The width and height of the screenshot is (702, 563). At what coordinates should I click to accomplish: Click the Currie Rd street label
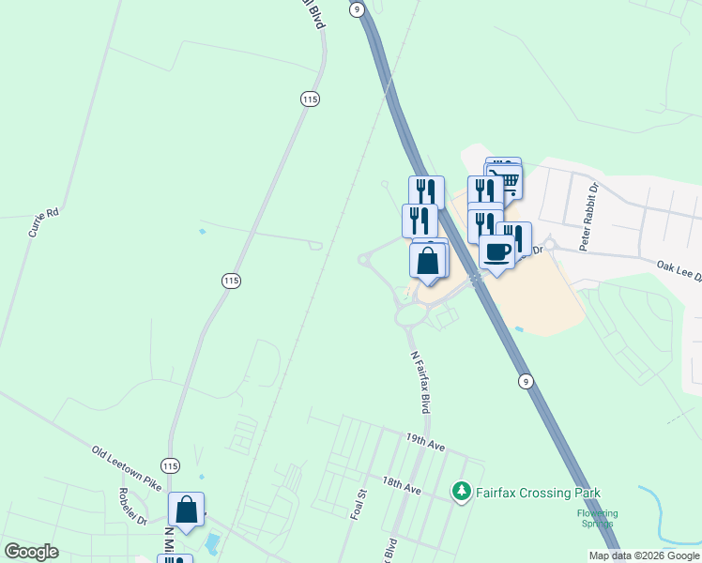click(43, 222)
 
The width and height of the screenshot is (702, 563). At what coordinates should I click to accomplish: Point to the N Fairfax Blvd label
click(420, 384)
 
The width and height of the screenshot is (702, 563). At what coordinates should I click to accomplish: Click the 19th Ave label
click(425, 442)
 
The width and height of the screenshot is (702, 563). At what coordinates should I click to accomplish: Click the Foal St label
click(357, 507)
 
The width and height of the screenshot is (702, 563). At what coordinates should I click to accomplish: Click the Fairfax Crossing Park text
click(538, 493)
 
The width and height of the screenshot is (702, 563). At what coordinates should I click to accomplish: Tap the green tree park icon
click(461, 492)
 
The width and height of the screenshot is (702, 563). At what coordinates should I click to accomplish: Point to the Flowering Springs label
click(597, 519)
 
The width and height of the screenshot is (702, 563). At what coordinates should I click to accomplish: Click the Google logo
click(31, 552)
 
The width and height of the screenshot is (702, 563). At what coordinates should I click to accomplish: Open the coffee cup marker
click(496, 251)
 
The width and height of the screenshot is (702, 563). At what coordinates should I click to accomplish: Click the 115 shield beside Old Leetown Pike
click(170, 465)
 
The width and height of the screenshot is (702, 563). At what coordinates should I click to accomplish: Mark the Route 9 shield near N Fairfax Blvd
click(526, 380)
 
